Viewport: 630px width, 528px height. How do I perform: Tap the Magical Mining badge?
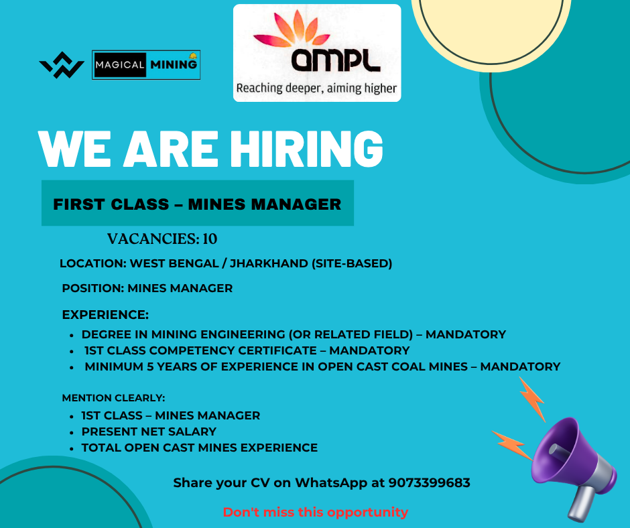coord(146,65)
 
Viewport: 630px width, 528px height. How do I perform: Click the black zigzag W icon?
coord(62,65)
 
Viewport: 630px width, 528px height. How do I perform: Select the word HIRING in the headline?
coord(306,148)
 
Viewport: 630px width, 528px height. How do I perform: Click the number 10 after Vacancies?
coord(210,239)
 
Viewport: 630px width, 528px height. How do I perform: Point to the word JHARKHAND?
coord(269,263)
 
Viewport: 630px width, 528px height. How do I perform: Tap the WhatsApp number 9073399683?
coord(430,482)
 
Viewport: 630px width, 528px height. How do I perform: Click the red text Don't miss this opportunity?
coord(316,513)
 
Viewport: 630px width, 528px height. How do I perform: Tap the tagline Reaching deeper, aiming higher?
coord(316,88)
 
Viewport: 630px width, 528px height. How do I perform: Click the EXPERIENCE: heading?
coord(105,315)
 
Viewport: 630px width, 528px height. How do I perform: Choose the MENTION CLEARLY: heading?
coord(113,398)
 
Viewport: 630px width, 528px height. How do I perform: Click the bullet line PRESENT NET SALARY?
coord(149,432)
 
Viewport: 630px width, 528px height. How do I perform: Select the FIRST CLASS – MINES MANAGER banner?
coord(198,203)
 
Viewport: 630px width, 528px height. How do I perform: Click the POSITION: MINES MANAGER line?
coord(147,288)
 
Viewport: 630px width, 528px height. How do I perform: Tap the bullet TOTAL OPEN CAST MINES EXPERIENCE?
coord(200,448)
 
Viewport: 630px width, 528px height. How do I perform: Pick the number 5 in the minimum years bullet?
coord(150,367)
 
